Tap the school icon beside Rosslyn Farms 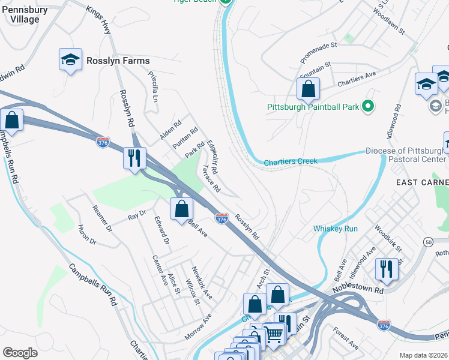[70, 59]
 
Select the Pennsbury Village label [25, 15]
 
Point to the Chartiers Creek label [291, 161]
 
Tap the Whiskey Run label [335, 229]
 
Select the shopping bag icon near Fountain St [308, 89]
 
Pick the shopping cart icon [273, 334]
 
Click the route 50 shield [428, 242]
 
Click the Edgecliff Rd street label [212, 155]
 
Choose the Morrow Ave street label [198, 326]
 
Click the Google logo [20, 353]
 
